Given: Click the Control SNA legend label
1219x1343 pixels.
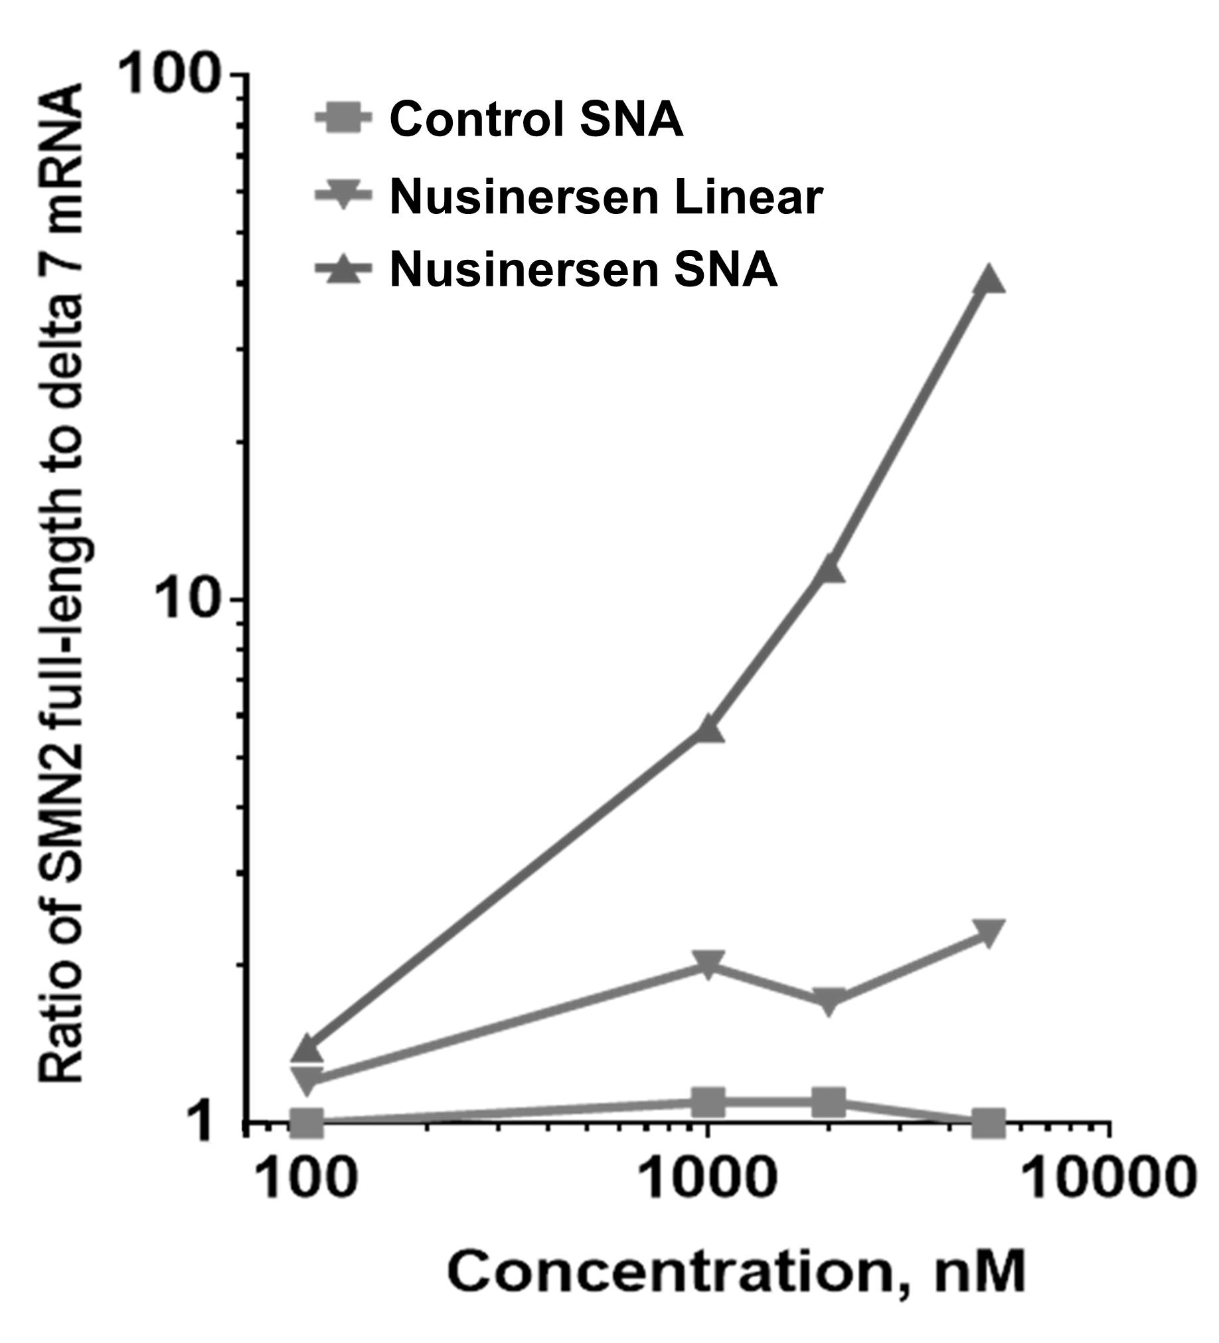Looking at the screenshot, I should click(535, 119).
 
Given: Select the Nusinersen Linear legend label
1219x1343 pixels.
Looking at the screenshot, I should click(606, 197).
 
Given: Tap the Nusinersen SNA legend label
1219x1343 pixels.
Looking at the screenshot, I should click(583, 270).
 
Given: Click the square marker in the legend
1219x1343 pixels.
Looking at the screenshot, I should click(343, 119).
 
